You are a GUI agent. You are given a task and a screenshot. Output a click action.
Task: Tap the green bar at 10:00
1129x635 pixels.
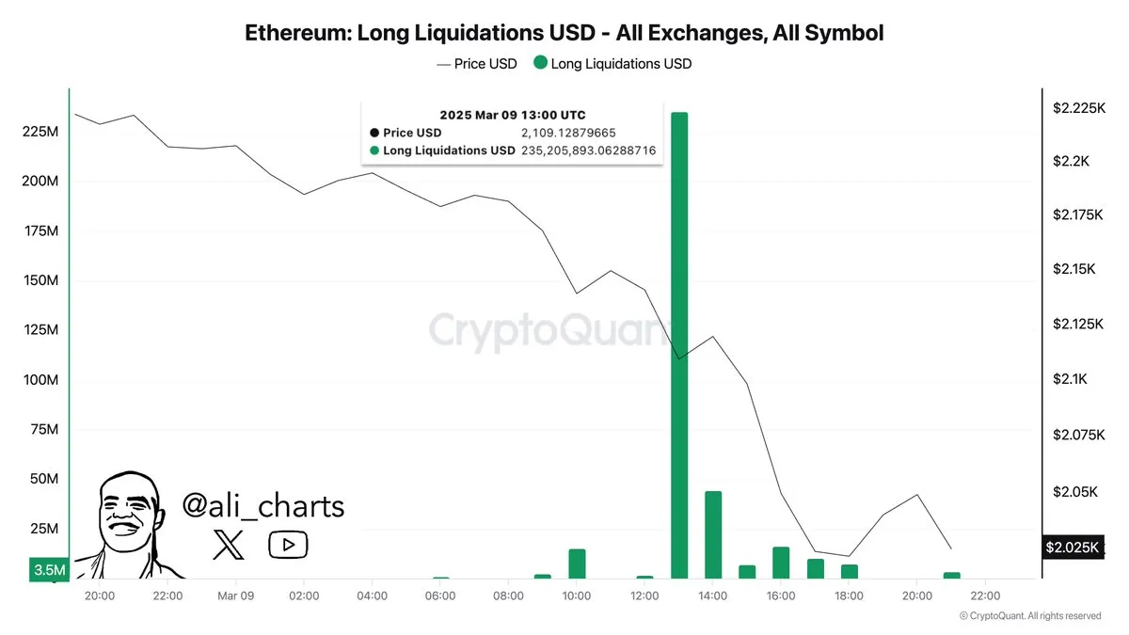[x=577, y=564]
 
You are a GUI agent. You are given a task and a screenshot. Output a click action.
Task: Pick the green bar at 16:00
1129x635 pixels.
[x=781, y=563]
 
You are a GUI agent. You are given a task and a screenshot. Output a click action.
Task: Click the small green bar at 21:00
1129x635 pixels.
[x=951, y=575]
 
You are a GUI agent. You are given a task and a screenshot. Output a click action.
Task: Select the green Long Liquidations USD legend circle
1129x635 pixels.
[x=540, y=64]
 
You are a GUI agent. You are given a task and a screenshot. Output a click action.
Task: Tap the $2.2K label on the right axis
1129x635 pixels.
[x=1071, y=162]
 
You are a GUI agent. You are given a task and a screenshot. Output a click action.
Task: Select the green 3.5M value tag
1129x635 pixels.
[x=49, y=570]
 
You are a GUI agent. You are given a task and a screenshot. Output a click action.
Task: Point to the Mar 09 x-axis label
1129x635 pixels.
[x=235, y=595]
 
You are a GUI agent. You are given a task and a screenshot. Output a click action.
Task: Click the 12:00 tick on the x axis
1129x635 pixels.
[x=644, y=595]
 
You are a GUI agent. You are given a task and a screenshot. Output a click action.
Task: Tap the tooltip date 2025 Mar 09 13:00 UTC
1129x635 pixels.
[x=512, y=115]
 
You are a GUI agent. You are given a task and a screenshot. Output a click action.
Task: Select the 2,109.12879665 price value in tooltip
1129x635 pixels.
[x=568, y=133]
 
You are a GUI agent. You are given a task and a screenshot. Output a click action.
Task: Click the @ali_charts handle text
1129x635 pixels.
[x=262, y=506]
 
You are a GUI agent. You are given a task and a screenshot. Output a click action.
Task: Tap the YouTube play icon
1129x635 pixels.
[x=288, y=544]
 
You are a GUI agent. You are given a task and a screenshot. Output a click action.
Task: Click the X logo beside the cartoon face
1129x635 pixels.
[x=229, y=544]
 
